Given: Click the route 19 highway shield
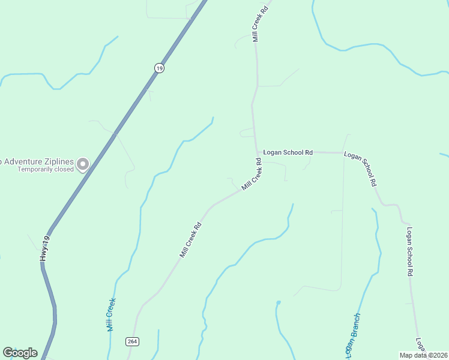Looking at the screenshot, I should point(158,68).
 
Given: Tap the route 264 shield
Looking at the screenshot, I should point(132,341).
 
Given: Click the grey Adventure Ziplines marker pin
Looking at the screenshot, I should point(83,163).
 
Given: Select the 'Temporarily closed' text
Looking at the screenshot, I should point(46,169).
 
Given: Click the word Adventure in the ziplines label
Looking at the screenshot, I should point(27,161).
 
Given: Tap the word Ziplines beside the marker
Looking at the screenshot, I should point(62,161).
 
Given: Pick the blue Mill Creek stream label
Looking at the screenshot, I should point(110,315).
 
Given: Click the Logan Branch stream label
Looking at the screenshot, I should point(352,334).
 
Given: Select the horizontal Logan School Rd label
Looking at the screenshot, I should point(289,152).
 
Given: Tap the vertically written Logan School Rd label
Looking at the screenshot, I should point(410,251).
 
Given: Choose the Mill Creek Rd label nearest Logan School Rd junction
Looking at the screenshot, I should point(253,175).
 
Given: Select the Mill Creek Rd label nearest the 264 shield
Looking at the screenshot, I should point(190,240).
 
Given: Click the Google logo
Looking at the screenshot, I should point(20,353).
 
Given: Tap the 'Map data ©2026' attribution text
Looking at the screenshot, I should point(423,355).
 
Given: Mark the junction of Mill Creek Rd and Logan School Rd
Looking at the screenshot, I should point(257,152).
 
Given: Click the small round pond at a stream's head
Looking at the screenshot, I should point(278,302).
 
